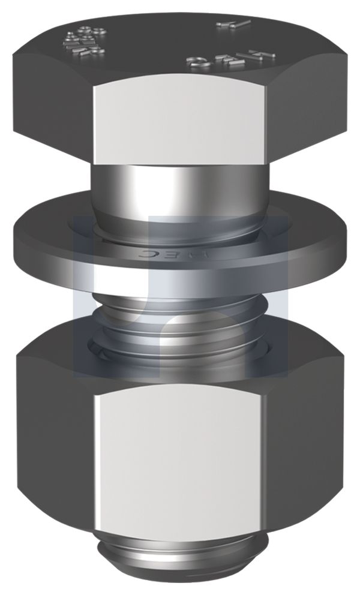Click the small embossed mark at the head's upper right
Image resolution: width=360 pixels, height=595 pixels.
[234, 25]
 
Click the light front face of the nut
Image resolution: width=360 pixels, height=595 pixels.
[180, 456]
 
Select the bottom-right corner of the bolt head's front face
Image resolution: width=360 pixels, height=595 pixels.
[266, 161]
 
